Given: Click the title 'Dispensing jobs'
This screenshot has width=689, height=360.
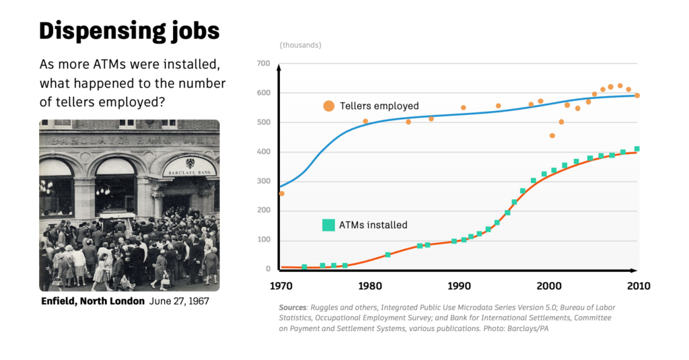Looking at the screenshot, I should [129, 31].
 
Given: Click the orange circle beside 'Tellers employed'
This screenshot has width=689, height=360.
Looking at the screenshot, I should [328, 106].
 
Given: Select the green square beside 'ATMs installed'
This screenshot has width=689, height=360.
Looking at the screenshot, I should [328, 225].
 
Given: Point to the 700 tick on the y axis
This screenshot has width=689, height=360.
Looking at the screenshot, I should [263, 64].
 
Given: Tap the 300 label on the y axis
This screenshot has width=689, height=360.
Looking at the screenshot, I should [263, 182].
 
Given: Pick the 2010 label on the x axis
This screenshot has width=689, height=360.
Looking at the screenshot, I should [638, 286].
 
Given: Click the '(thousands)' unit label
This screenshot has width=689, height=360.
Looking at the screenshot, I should [300, 45].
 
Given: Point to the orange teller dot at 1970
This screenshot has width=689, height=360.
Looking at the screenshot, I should [281, 194].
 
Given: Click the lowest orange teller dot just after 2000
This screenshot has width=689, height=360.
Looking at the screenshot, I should [552, 136].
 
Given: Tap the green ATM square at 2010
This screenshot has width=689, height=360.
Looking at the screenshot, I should [637, 149].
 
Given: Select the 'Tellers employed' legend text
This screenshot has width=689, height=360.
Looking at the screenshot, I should [379, 106].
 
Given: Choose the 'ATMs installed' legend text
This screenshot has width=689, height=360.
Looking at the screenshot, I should [374, 225].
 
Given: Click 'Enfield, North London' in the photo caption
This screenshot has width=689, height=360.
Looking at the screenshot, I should [93, 301].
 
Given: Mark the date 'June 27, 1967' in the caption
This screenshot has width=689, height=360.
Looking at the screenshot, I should [179, 301].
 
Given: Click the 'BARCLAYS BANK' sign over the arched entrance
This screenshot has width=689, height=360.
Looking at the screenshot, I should [190, 168].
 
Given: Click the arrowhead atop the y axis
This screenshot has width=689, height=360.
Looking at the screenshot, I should [278, 66].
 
